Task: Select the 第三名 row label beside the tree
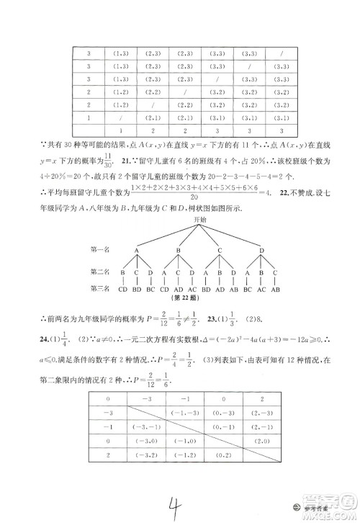(101, 288)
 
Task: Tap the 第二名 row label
(101, 273)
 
